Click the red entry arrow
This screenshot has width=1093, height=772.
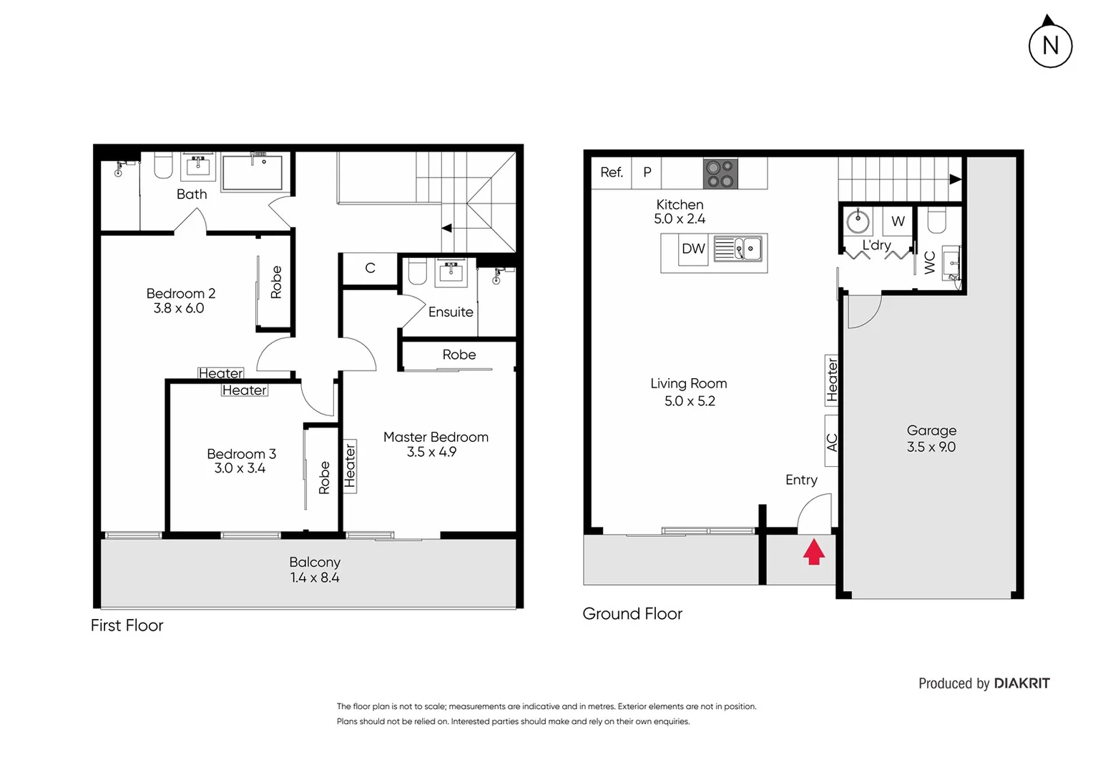814,552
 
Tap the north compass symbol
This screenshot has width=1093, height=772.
1050,45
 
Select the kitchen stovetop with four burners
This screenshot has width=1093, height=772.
720,174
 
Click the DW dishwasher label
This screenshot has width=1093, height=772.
693,249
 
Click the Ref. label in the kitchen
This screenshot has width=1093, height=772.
612,172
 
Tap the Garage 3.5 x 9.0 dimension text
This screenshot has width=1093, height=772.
931,447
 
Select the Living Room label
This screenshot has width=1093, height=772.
688,384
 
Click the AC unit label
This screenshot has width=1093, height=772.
832,442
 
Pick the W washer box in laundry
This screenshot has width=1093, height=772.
898,222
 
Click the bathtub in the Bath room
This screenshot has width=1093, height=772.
252,173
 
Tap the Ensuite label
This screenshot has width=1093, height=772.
451,312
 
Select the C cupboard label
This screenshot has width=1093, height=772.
370,268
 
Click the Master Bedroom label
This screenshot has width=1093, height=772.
436,437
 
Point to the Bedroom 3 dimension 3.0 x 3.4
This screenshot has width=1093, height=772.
240,469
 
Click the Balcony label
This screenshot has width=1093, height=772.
315,563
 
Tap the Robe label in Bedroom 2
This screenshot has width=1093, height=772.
276,282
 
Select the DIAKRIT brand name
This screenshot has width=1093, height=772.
1021,683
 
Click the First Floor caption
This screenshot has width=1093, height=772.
127,625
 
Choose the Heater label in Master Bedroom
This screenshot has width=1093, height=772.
350,466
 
